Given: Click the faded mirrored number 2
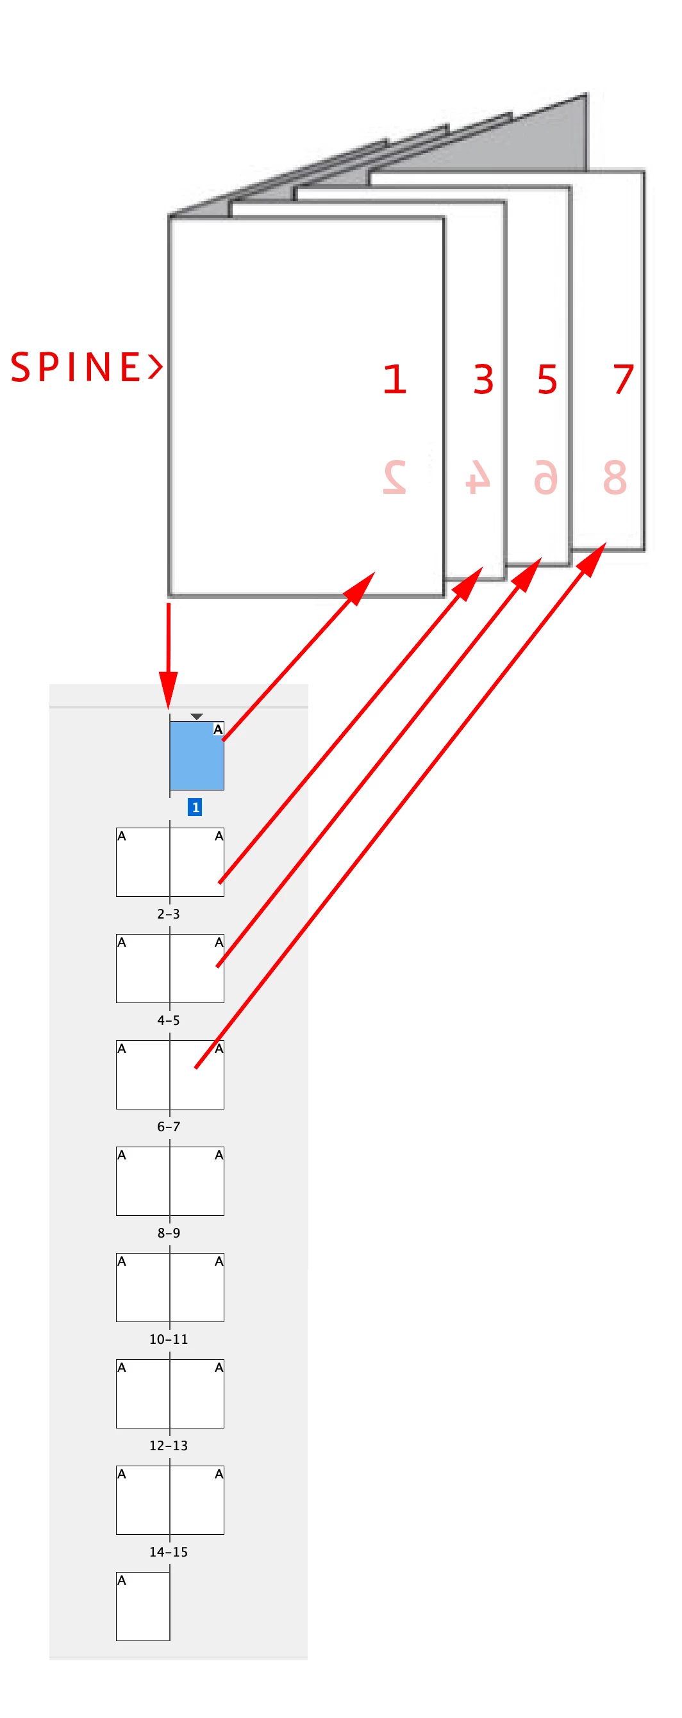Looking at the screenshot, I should point(394,477).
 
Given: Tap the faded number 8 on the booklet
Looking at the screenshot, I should point(614,477).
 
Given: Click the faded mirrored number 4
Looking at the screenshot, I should point(478,477).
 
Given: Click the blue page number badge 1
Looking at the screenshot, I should point(195,807).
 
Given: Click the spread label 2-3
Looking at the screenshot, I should point(168,913).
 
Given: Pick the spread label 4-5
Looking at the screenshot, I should point(168,1020).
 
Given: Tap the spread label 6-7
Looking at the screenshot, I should point(168,1127).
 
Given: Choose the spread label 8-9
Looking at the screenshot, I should point(168,1232).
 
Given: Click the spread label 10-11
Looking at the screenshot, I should point(168,1339).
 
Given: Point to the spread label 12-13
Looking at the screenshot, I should point(168,1445).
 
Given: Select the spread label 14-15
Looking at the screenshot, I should point(168,1552).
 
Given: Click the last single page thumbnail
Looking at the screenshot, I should point(143,1606).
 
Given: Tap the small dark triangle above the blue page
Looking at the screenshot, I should point(196,716).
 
